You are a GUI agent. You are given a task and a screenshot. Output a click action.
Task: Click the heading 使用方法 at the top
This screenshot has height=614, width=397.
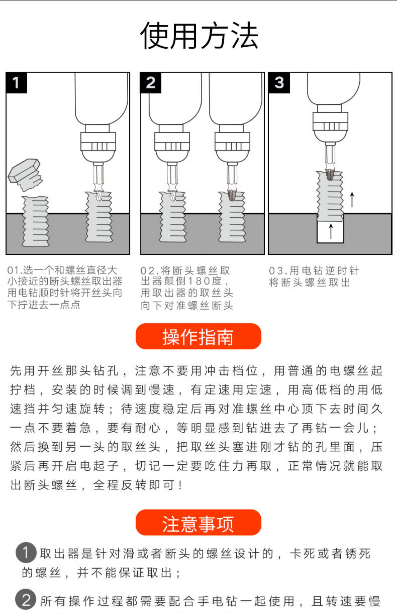(199, 36)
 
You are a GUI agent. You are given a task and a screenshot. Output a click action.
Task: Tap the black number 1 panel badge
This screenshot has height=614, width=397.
(16, 83)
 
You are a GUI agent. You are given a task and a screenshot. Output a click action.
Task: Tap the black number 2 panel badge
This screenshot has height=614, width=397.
(151, 83)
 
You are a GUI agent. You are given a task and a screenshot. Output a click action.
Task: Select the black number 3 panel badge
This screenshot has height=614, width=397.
(279, 83)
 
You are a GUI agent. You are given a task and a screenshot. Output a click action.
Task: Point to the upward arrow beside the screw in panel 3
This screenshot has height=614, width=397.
(352, 200)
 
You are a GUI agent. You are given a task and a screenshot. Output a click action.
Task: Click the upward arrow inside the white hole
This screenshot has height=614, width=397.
(331, 231)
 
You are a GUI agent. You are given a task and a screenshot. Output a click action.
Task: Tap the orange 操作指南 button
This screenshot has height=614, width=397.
(198, 336)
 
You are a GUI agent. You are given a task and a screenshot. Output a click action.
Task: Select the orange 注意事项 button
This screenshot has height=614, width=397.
(198, 523)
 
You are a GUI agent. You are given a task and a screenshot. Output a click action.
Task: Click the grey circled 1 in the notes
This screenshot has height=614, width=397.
(26, 553)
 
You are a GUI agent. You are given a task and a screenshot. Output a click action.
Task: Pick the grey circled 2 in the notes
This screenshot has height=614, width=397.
(26, 600)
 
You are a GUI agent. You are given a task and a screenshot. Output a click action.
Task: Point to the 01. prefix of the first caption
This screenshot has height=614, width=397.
(14, 270)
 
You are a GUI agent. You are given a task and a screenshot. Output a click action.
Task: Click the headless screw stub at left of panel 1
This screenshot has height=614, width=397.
(35, 221)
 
